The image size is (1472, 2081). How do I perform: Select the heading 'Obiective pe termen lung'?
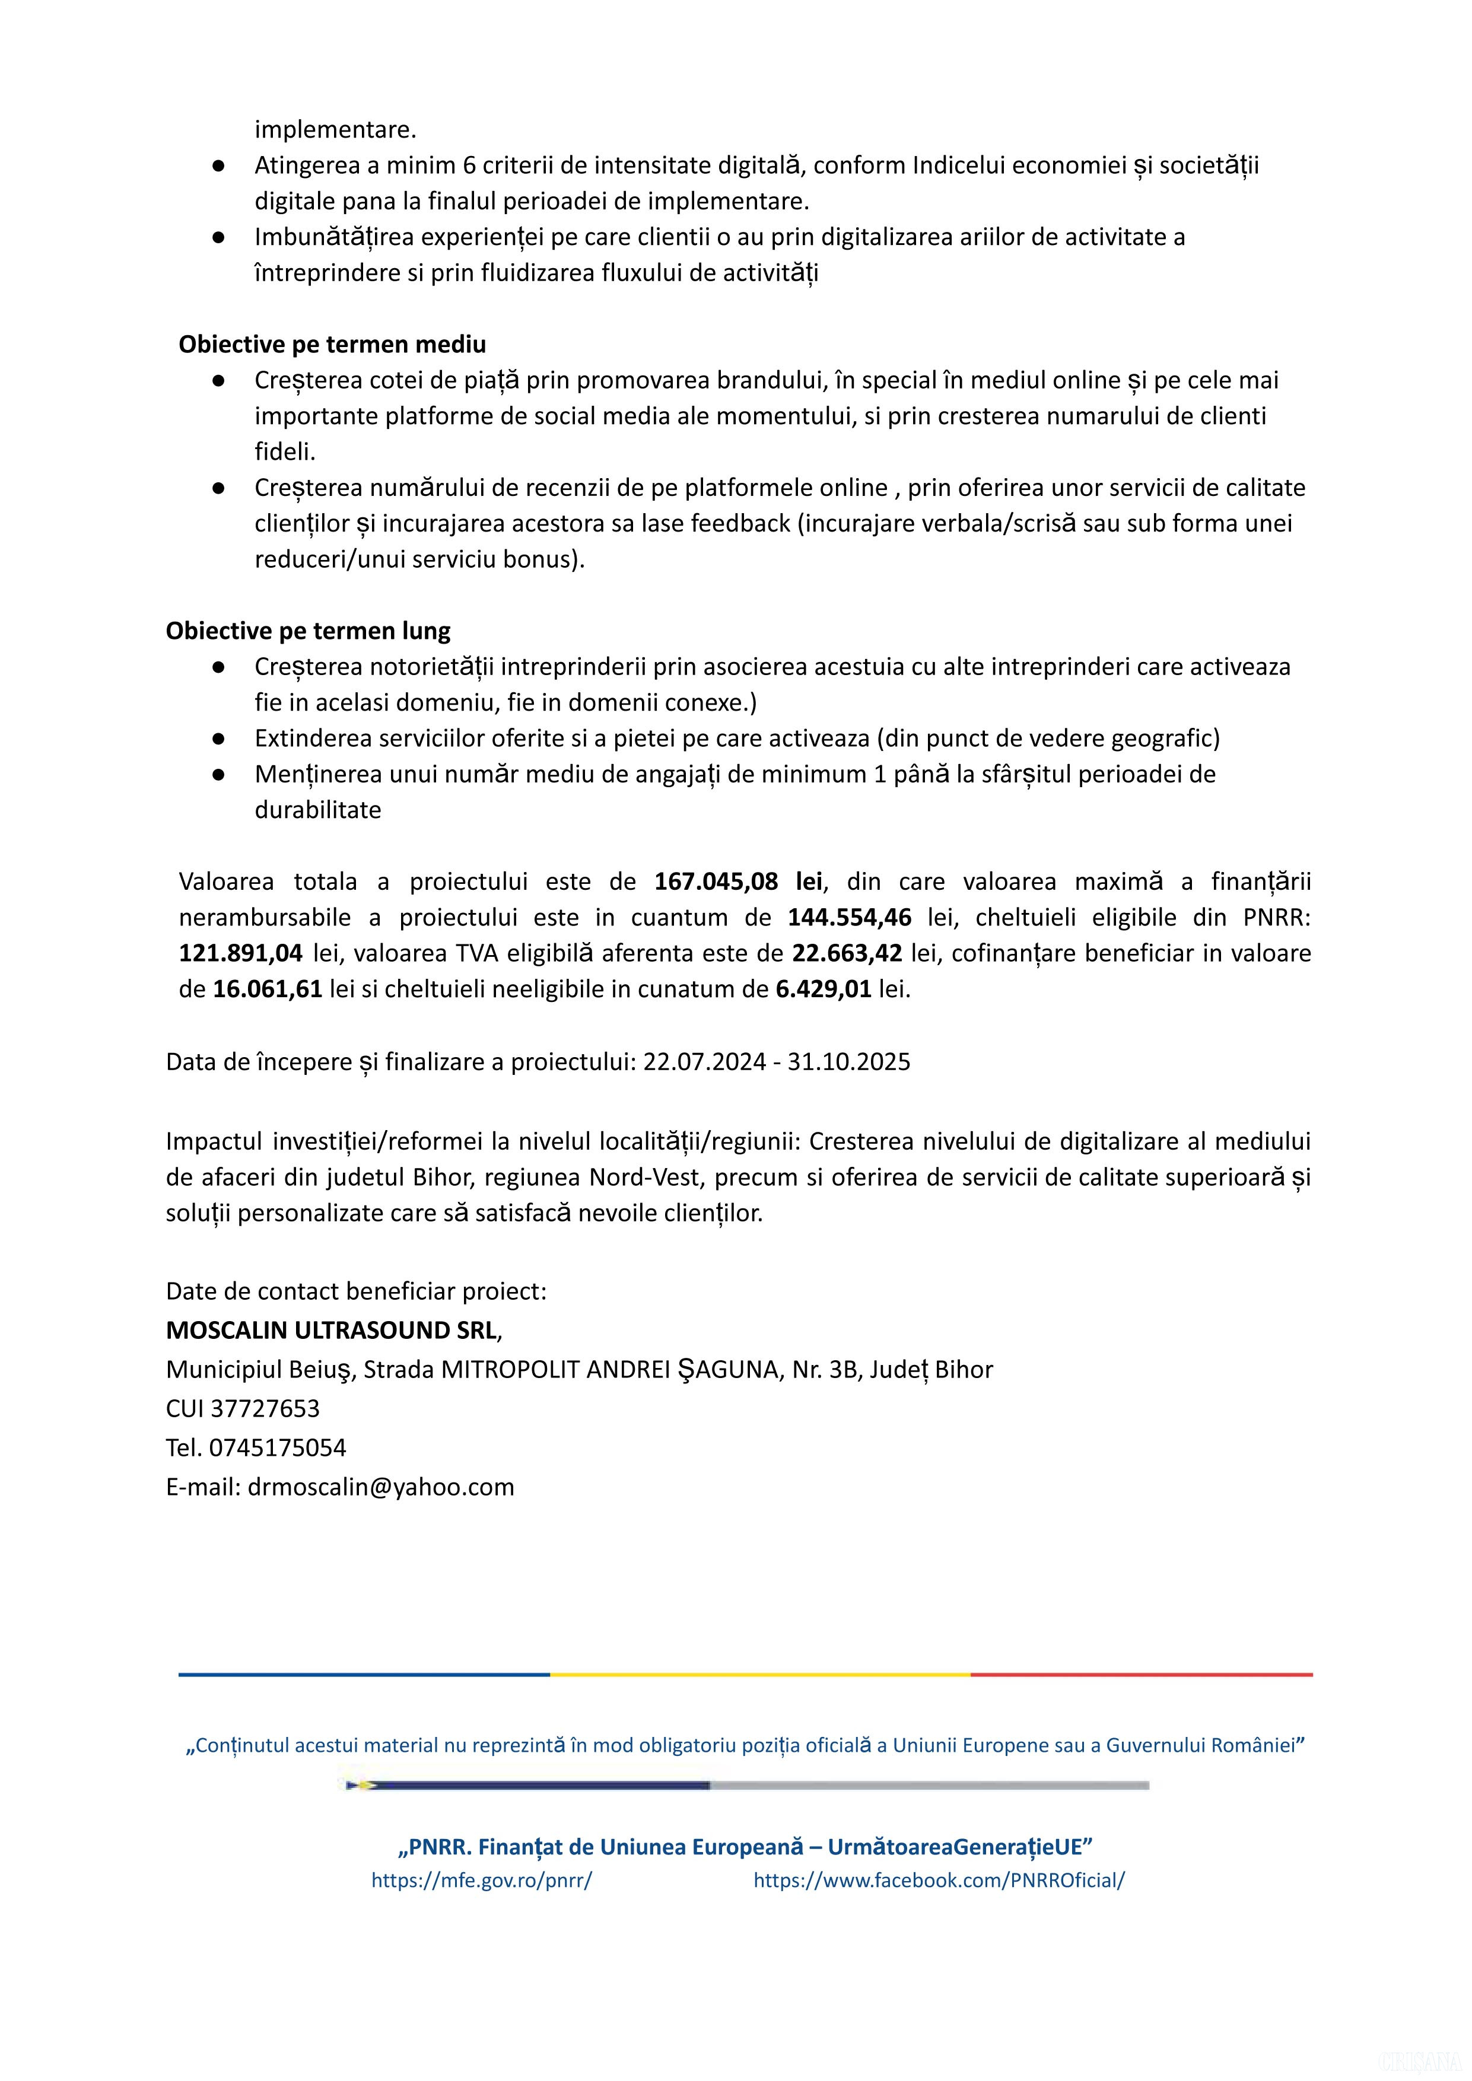(x=308, y=631)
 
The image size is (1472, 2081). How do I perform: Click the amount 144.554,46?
(x=849, y=917)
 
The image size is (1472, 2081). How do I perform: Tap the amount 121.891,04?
(x=240, y=953)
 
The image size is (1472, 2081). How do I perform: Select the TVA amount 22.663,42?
(x=847, y=953)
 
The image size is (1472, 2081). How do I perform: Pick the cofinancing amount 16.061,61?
(x=268, y=989)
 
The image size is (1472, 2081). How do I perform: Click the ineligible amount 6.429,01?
(x=823, y=989)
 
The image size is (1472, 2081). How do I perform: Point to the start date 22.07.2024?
(x=704, y=1061)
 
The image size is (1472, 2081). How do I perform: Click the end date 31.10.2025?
(x=848, y=1061)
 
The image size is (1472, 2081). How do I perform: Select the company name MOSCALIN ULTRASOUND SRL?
(x=332, y=1331)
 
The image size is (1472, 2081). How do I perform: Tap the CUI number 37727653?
(x=265, y=1408)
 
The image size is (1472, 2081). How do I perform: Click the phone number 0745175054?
(x=277, y=1447)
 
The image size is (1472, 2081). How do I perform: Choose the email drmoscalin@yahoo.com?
(x=381, y=1487)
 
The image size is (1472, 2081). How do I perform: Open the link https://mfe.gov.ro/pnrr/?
(x=481, y=1880)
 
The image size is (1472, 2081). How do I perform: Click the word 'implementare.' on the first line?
(x=335, y=129)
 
